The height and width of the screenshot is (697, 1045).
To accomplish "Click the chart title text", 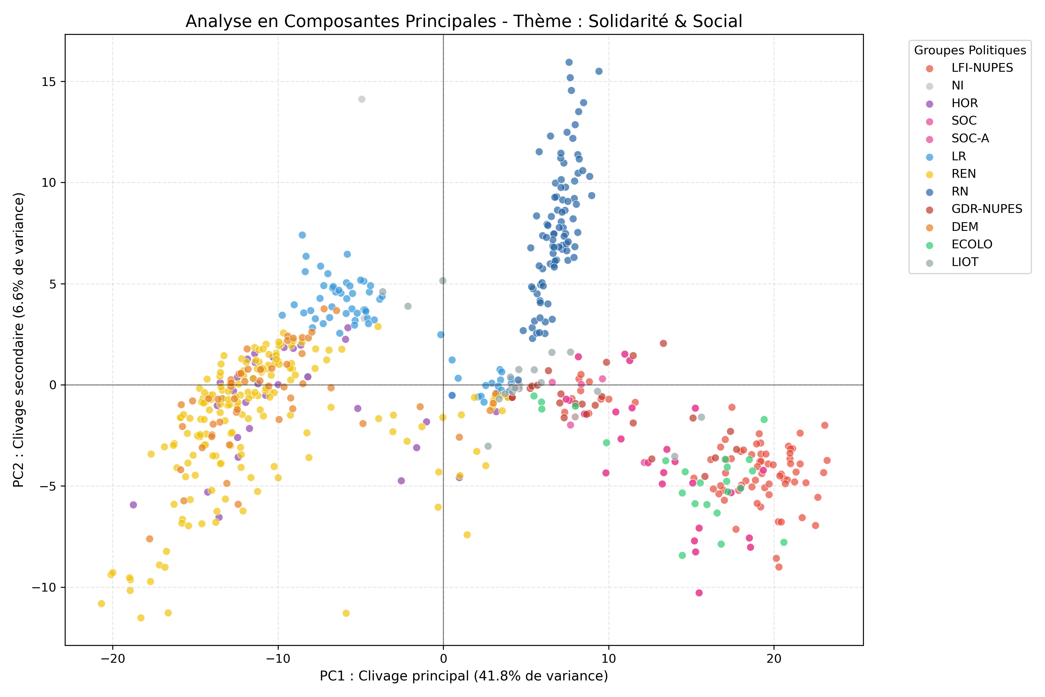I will point(463,21).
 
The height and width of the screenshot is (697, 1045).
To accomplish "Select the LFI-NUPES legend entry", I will point(982,68).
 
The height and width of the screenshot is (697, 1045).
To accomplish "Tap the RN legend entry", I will point(960,192).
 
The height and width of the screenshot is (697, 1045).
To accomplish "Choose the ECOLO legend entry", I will point(972,245).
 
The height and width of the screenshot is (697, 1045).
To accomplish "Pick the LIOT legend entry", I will point(965,262).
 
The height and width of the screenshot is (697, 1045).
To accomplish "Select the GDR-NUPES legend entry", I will point(987,209).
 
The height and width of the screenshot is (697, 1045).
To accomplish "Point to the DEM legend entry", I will point(965,227).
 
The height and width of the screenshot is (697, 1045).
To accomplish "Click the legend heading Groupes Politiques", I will point(970,50).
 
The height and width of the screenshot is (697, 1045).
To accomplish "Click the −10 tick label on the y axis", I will point(44,587).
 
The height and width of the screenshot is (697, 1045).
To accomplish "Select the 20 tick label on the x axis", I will point(774,658).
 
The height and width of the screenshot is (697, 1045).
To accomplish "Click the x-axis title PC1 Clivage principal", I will point(463,676).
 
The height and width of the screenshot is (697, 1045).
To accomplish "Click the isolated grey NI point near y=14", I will point(362,99).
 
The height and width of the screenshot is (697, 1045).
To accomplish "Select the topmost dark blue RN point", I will point(569,62).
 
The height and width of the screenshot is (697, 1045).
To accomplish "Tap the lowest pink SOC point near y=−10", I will point(699,592).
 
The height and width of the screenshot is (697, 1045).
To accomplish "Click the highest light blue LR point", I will point(302,235).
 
